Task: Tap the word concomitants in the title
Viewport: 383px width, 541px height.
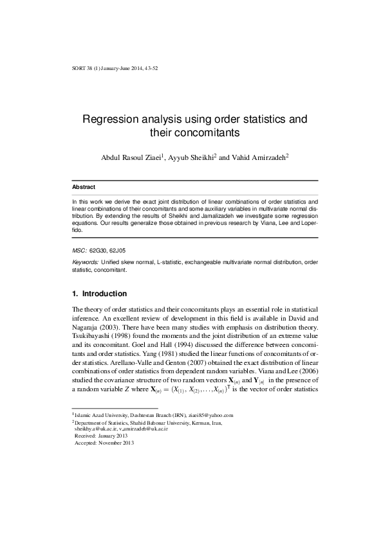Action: click(202, 133)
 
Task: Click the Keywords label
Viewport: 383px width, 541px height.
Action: click(86, 263)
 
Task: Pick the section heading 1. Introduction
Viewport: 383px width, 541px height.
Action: click(98, 294)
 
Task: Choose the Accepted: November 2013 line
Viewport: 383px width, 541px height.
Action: click(105, 424)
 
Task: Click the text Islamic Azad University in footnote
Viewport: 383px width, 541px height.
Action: click(104, 398)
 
